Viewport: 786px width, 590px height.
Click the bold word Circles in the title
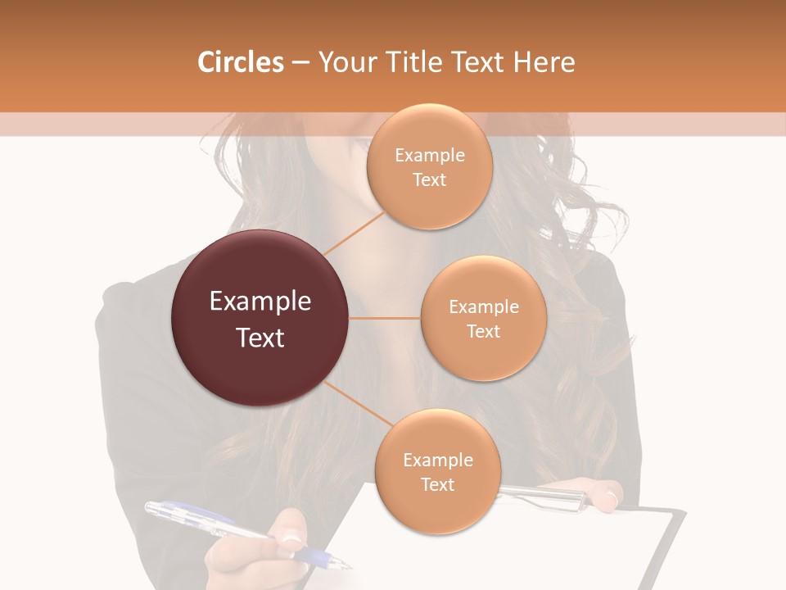click(x=241, y=62)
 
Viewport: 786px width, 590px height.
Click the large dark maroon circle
click(x=260, y=318)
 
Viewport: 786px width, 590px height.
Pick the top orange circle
click(x=429, y=166)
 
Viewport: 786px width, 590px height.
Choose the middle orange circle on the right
click(x=483, y=318)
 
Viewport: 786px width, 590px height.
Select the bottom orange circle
click(x=437, y=472)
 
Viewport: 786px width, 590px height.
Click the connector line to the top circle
click(x=354, y=234)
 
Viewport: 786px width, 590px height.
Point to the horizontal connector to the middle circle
click(x=384, y=318)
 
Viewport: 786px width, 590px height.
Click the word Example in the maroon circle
click(x=260, y=302)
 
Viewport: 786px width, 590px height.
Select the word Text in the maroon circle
click(x=260, y=338)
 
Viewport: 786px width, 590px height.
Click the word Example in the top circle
click(x=430, y=156)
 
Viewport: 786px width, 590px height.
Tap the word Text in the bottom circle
click(x=437, y=484)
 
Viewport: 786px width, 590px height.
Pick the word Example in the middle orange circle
click(x=484, y=307)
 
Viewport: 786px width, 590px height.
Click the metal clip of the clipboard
click(x=544, y=495)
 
